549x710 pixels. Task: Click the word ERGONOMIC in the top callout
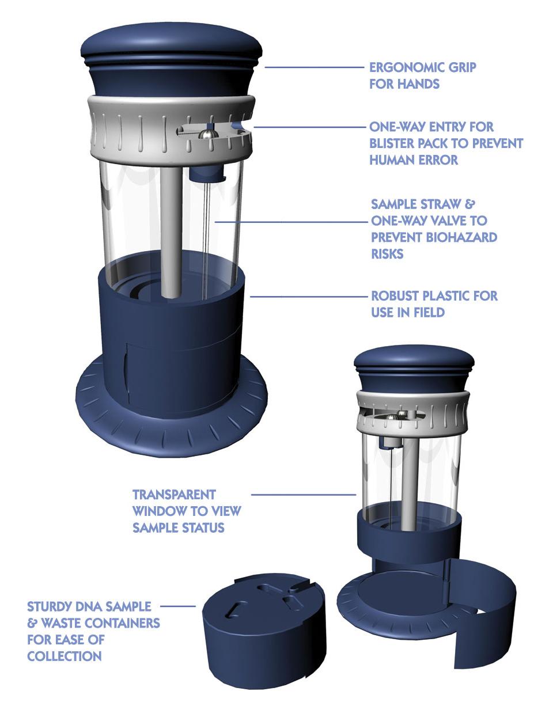click(x=407, y=67)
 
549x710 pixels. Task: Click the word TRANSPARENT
click(x=174, y=495)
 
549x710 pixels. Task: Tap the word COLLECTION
click(x=65, y=656)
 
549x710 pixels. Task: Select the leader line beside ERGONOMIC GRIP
click(x=315, y=67)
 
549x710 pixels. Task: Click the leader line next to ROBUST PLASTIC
click(x=309, y=297)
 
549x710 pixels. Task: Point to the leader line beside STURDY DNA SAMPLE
click(x=178, y=606)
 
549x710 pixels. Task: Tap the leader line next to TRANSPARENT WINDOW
click(x=304, y=495)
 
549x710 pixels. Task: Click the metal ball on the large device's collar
click(x=207, y=134)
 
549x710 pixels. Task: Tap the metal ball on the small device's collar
click(x=391, y=418)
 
